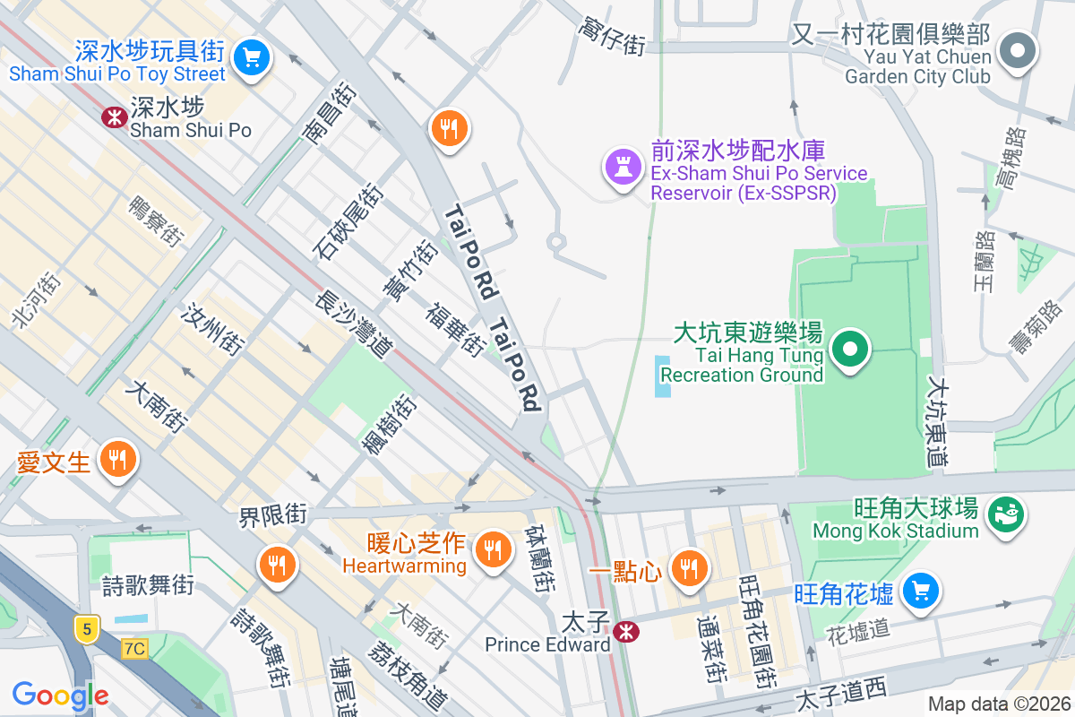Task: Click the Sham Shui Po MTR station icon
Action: pyautogui.click(x=115, y=117)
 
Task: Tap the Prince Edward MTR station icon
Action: pyautogui.click(x=627, y=632)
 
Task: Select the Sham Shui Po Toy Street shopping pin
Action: pyautogui.click(x=252, y=58)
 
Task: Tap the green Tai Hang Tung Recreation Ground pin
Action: pyautogui.click(x=851, y=350)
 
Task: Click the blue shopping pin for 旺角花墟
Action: pyautogui.click(x=919, y=592)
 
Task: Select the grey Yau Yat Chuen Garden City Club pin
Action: pyautogui.click(x=1018, y=50)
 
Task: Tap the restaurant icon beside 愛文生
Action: pyautogui.click(x=116, y=461)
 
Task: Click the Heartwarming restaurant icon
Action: pyautogui.click(x=491, y=549)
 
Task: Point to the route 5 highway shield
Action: pyautogui.click(x=86, y=630)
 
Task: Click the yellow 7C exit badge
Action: pyautogui.click(x=134, y=648)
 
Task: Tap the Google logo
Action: pyautogui.click(x=60, y=695)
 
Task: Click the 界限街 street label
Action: pyautogui.click(x=272, y=515)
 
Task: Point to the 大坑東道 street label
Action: pyautogui.click(x=937, y=421)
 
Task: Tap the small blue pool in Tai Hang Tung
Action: pyautogui.click(x=662, y=376)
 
